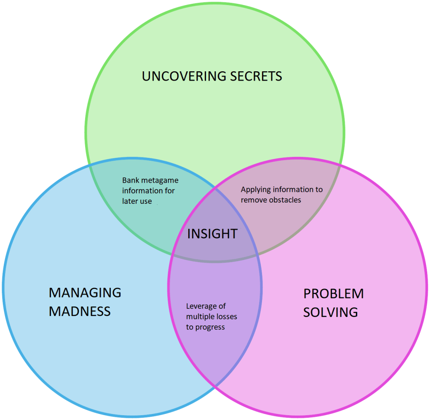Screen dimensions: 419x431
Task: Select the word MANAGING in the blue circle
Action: (85, 292)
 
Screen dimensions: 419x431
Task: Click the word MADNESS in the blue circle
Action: (80, 311)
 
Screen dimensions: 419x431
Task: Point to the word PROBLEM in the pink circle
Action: (333, 294)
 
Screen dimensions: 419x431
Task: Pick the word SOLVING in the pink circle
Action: (330, 312)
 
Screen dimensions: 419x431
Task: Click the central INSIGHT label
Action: (212, 234)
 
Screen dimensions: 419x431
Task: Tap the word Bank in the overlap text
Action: (130, 181)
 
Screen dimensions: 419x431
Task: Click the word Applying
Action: (256, 189)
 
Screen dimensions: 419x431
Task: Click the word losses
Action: (226, 316)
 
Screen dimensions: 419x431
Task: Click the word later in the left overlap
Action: (130, 201)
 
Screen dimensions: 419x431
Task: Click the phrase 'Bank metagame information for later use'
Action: (150, 191)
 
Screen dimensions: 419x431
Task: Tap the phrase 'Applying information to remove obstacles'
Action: (281, 195)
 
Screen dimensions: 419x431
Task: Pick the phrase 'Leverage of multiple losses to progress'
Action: (211, 316)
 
